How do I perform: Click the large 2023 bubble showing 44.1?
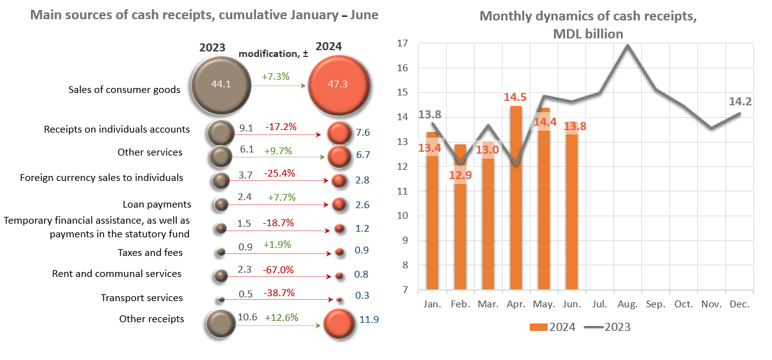(x=221, y=85)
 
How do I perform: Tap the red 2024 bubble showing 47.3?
(x=338, y=84)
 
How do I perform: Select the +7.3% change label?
(x=276, y=77)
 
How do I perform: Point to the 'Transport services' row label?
(x=142, y=298)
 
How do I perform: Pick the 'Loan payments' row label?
(x=157, y=204)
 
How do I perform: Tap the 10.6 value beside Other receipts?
(x=248, y=317)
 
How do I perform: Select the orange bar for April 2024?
(x=515, y=198)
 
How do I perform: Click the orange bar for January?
(x=432, y=217)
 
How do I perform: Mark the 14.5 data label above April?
(x=515, y=97)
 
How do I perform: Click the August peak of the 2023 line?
(x=628, y=45)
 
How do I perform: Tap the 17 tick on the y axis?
(x=402, y=43)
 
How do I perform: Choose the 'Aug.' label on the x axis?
(x=628, y=305)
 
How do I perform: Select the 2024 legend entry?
(x=553, y=327)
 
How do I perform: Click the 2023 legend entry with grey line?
(x=609, y=327)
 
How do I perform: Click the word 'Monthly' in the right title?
(x=504, y=17)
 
